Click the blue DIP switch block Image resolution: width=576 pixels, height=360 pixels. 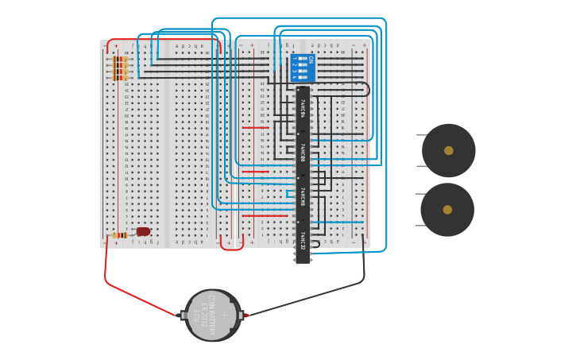point(303,68)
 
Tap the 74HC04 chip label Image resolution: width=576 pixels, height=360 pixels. point(303,109)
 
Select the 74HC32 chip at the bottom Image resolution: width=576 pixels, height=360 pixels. point(303,240)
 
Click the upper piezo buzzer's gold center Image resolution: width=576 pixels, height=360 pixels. point(449,150)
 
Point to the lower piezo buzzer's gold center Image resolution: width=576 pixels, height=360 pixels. point(447,210)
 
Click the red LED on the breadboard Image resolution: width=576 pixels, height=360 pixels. point(143,231)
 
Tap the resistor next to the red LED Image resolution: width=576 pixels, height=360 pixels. point(121,235)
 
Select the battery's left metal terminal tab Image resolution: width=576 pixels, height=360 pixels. point(183,315)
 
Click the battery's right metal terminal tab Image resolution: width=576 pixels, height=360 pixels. point(242,315)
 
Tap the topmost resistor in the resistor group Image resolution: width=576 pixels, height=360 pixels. point(120,58)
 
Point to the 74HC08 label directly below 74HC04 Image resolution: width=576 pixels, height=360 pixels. point(303,153)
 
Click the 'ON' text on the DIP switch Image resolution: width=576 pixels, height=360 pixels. point(311,59)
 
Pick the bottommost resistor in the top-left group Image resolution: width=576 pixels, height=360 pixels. point(120,78)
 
